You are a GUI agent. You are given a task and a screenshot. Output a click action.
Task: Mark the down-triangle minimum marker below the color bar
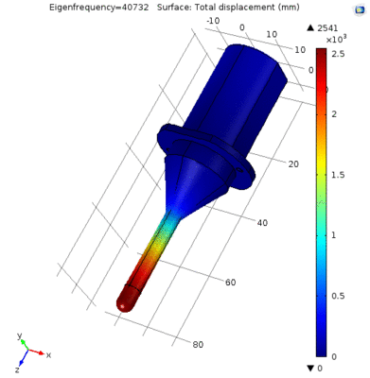(x=322, y=368)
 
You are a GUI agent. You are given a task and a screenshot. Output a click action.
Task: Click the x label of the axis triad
(x=48, y=354)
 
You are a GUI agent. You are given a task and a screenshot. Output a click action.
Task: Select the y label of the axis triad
(x=19, y=335)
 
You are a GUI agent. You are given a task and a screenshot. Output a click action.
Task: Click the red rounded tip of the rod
(x=126, y=301)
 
